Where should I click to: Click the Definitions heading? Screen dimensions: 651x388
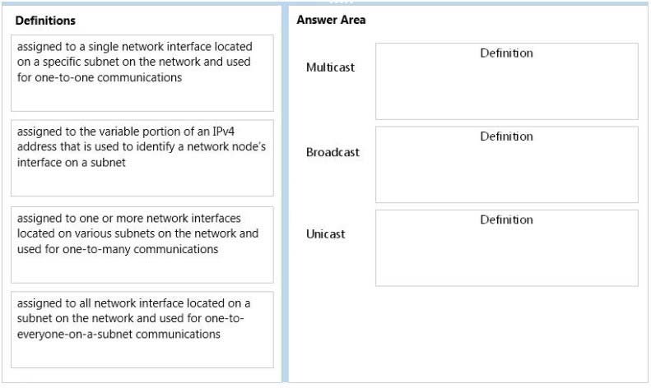(x=45, y=21)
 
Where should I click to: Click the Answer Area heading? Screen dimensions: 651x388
(x=331, y=20)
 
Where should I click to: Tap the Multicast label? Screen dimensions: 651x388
(x=331, y=67)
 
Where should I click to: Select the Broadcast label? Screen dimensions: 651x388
(x=332, y=152)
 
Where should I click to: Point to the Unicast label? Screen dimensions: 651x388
(x=326, y=233)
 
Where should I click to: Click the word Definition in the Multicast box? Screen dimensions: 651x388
(x=506, y=53)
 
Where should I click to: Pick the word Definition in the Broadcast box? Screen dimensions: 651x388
(x=506, y=136)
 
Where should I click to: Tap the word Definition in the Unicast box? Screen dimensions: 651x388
(x=506, y=219)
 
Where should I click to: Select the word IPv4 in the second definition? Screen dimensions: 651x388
(x=223, y=132)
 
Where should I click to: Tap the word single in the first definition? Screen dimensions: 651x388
(x=101, y=47)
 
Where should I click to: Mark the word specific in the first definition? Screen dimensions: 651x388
(x=60, y=62)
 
